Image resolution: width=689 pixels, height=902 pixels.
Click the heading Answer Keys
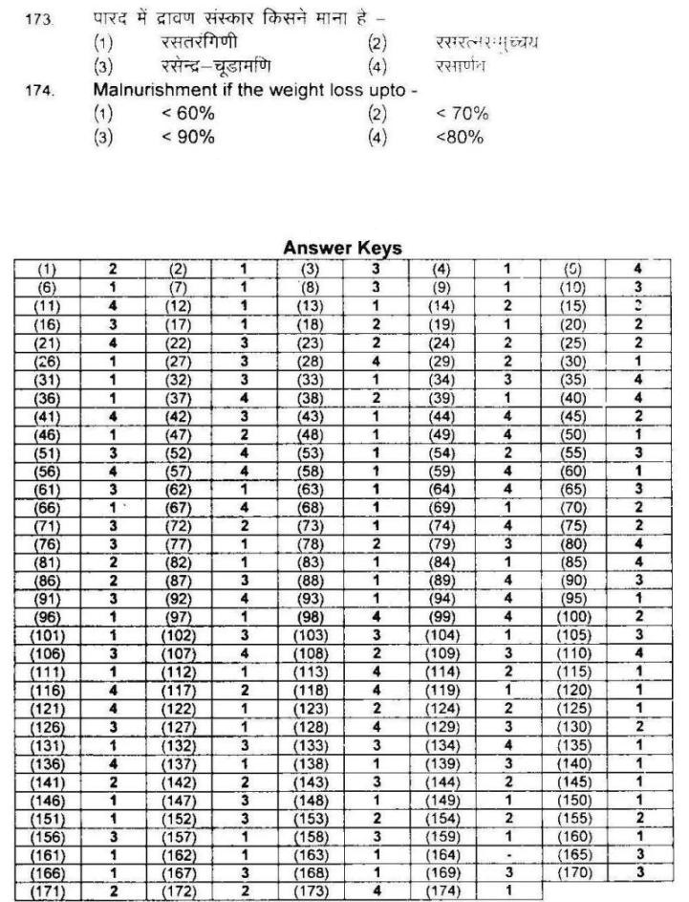(343, 248)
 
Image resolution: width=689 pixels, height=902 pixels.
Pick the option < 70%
(462, 114)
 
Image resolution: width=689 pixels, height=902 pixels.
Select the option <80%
(460, 137)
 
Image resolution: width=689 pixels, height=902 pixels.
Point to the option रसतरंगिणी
(201, 43)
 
